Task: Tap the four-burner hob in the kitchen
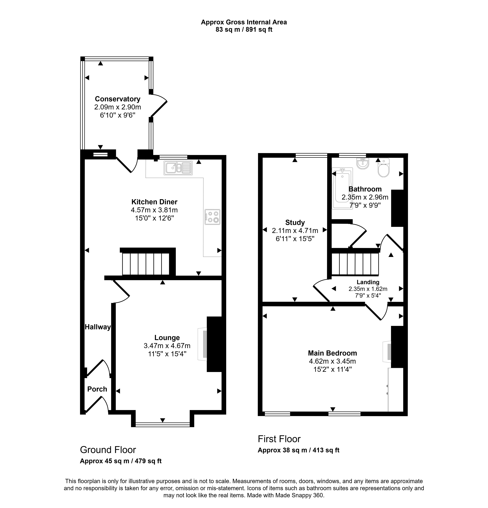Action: [212, 217]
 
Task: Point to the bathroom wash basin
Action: [363, 164]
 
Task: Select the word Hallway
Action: [98, 327]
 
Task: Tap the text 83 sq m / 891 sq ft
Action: [244, 30]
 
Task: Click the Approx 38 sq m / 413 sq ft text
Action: [298, 450]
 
